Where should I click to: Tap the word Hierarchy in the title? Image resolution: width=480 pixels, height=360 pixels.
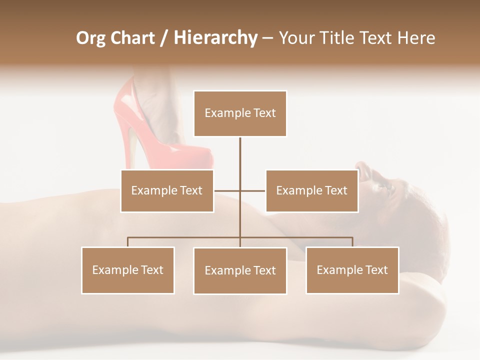pos(215,38)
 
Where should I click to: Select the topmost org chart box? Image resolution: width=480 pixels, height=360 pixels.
pos(240,113)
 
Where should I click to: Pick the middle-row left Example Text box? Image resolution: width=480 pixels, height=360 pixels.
pos(167,191)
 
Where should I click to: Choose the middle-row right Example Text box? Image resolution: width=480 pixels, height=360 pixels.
pos(311,191)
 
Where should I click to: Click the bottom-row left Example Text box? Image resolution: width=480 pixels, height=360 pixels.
pos(128,270)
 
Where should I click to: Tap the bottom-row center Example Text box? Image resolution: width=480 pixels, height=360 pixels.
pos(240,271)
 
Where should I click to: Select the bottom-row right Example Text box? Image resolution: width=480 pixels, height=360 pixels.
pos(352,270)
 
